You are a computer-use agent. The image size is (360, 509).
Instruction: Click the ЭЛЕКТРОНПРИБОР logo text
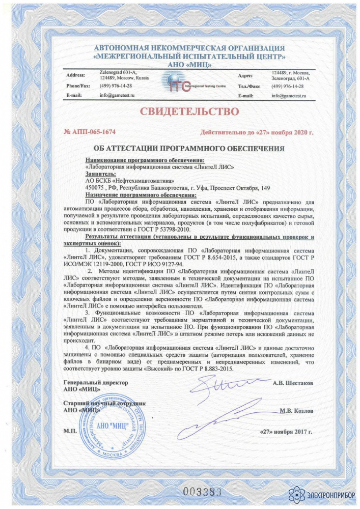pos(326,493)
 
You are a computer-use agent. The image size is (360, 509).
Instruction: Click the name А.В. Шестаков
pos(292,382)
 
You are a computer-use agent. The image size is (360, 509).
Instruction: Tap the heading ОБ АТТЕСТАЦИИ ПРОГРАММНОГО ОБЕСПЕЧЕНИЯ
pos(189,149)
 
